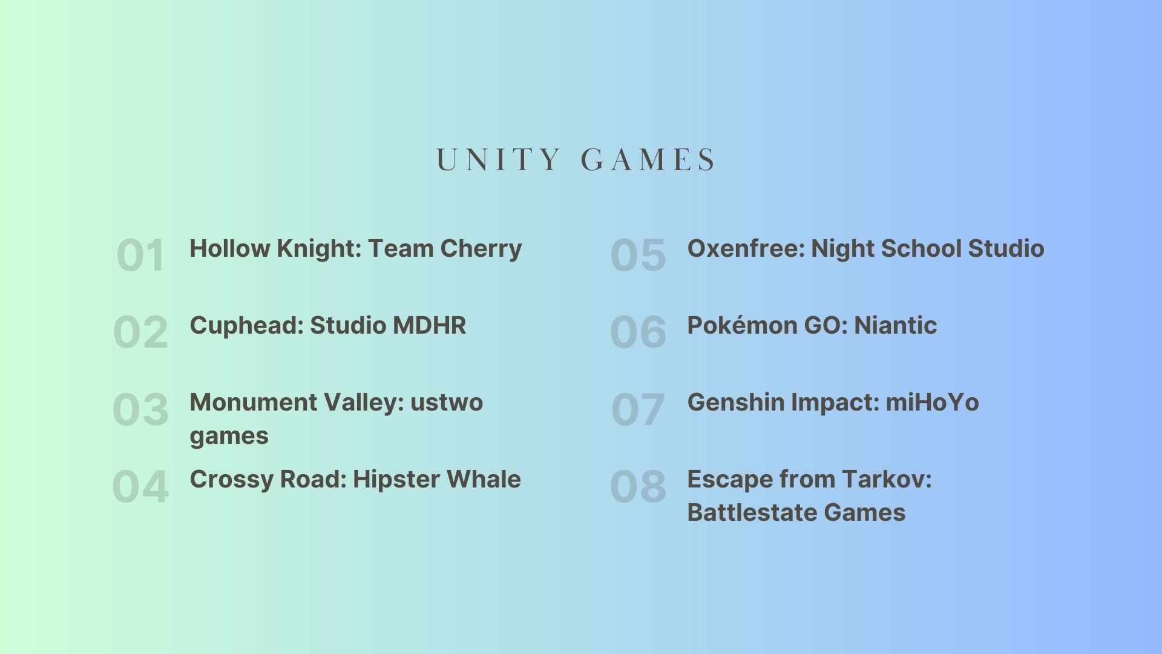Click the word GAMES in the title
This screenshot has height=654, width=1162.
click(648, 160)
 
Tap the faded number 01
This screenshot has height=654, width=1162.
click(140, 255)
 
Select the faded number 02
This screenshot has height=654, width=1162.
click(140, 332)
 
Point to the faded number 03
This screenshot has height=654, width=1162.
click(140, 409)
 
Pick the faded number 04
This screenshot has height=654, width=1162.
click(140, 486)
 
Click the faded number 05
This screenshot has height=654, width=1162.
click(638, 255)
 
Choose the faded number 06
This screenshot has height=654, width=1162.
click(638, 332)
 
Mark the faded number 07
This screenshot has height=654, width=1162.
click(638, 409)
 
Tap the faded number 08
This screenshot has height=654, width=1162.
click(638, 486)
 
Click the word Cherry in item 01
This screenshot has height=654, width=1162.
click(481, 249)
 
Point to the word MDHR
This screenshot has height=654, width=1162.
click(430, 326)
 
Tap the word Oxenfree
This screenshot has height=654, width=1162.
click(746, 248)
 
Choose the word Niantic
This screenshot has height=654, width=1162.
click(896, 325)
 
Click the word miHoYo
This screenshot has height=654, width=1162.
click(933, 402)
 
